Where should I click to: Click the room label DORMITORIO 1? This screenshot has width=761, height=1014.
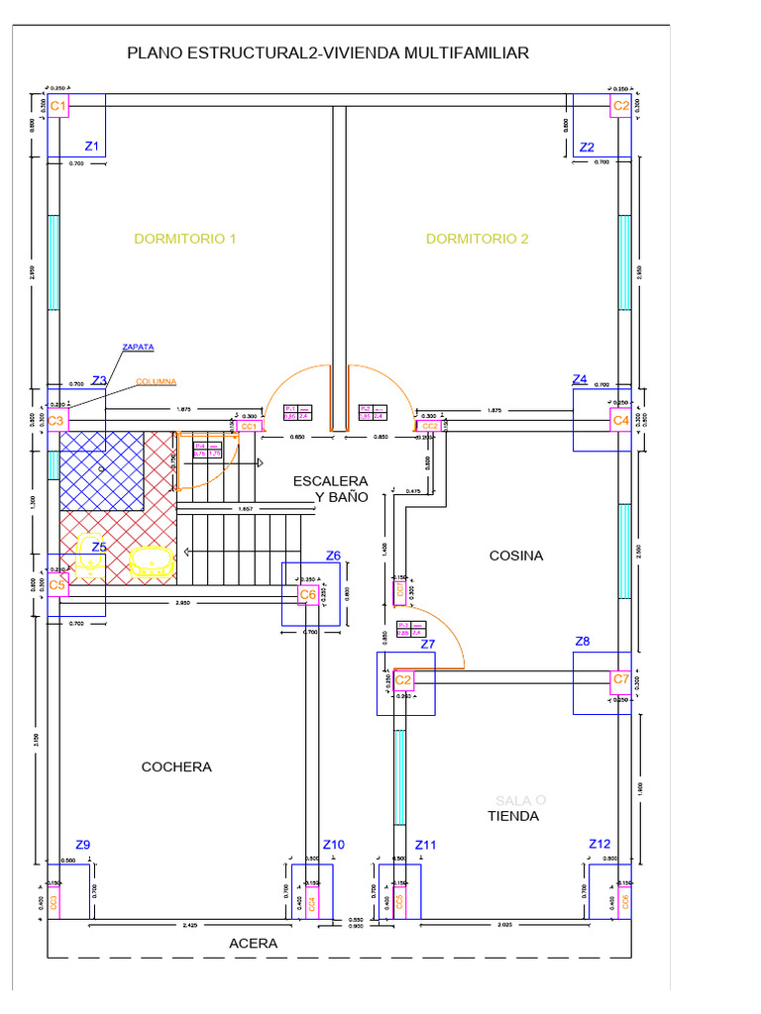click(185, 239)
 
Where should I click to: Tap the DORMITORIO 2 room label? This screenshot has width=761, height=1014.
click(477, 239)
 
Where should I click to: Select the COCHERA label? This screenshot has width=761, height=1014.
click(176, 766)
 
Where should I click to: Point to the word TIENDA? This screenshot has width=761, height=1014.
click(512, 816)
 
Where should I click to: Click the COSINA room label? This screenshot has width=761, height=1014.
click(516, 556)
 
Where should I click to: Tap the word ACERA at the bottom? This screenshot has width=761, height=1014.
click(254, 944)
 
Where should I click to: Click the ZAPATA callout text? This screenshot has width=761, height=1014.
click(137, 348)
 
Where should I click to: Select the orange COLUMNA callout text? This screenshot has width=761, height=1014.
click(157, 381)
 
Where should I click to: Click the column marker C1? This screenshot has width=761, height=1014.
click(58, 106)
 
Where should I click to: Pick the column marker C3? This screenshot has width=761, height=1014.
click(57, 421)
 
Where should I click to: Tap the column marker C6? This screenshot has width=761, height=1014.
click(308, 594)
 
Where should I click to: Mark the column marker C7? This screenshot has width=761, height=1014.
click(620, 679)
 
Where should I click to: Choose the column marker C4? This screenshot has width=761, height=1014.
click(620, 421)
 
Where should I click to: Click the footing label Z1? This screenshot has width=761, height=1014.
click(92, 146)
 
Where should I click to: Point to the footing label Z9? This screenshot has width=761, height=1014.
click(83, 845)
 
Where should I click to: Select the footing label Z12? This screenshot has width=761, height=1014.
click(599, 844)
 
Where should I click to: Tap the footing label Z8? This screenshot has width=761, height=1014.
click(583, 642)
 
